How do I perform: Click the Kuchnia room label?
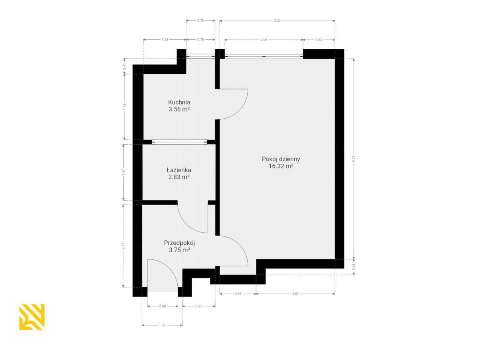click(179, 102)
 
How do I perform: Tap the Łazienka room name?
click(179, 170)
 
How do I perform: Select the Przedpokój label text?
click(179, 243)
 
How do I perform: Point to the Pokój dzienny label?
click(281, 159)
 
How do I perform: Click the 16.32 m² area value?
click(281, 166)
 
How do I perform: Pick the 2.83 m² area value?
click(179, 177)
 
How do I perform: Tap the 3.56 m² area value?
click(179, 109)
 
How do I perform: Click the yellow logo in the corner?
click(32, 317)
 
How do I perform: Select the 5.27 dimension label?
click(353, 159)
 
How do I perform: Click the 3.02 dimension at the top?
click(277, 21)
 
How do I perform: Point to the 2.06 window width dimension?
click(264, 40)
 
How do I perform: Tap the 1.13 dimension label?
click(165, 39)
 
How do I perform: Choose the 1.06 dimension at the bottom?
click(162, 325)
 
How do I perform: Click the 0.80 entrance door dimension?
click(163, 306)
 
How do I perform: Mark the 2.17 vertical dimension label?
click(123, 246)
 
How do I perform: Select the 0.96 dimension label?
click(238, 294)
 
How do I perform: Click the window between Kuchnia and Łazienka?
click(179, 142)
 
